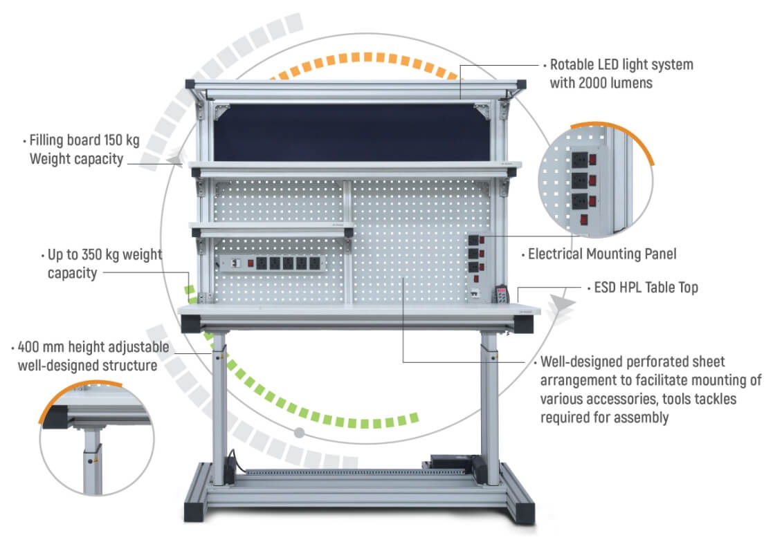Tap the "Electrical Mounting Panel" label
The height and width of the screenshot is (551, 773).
(x=601, y=254)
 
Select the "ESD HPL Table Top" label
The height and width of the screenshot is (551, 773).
(x=646, y=287)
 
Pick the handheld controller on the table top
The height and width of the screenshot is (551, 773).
(x=499, y=293)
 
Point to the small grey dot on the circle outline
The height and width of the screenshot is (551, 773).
(x=299, y=433)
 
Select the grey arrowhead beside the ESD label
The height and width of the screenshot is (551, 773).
(x=561, y=303)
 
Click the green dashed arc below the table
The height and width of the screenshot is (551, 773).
(x=326, y=411)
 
